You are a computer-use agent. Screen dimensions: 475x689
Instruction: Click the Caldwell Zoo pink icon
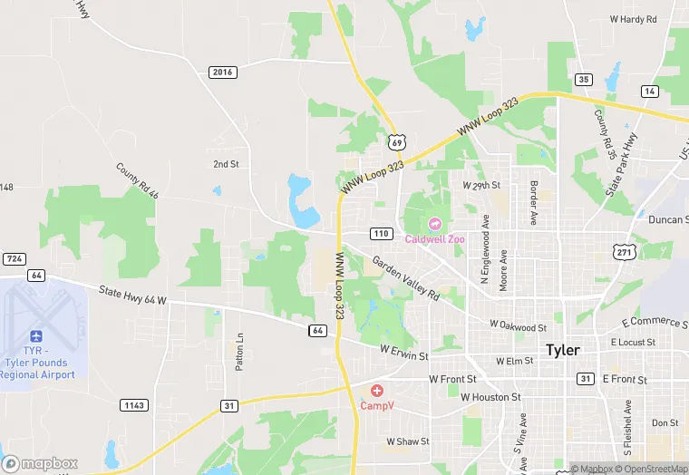coord(432,224)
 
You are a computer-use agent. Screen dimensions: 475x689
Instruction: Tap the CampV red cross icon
coord(376,391)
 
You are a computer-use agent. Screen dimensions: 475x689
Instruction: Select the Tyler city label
coord(562,349)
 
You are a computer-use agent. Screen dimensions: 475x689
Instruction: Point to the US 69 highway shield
coord(396,141)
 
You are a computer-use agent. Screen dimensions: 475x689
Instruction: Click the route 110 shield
coord(382,234)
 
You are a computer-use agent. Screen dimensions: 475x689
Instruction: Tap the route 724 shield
coord(14,259)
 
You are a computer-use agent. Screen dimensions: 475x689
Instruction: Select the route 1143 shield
coord(133,404)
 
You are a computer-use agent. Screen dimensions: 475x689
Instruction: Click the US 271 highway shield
coord(622,252)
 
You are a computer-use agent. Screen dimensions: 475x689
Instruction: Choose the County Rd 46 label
coord(137,180)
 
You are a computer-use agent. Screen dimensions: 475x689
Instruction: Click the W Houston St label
coord(490,397)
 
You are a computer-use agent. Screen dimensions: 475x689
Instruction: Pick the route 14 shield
coord(649,92)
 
